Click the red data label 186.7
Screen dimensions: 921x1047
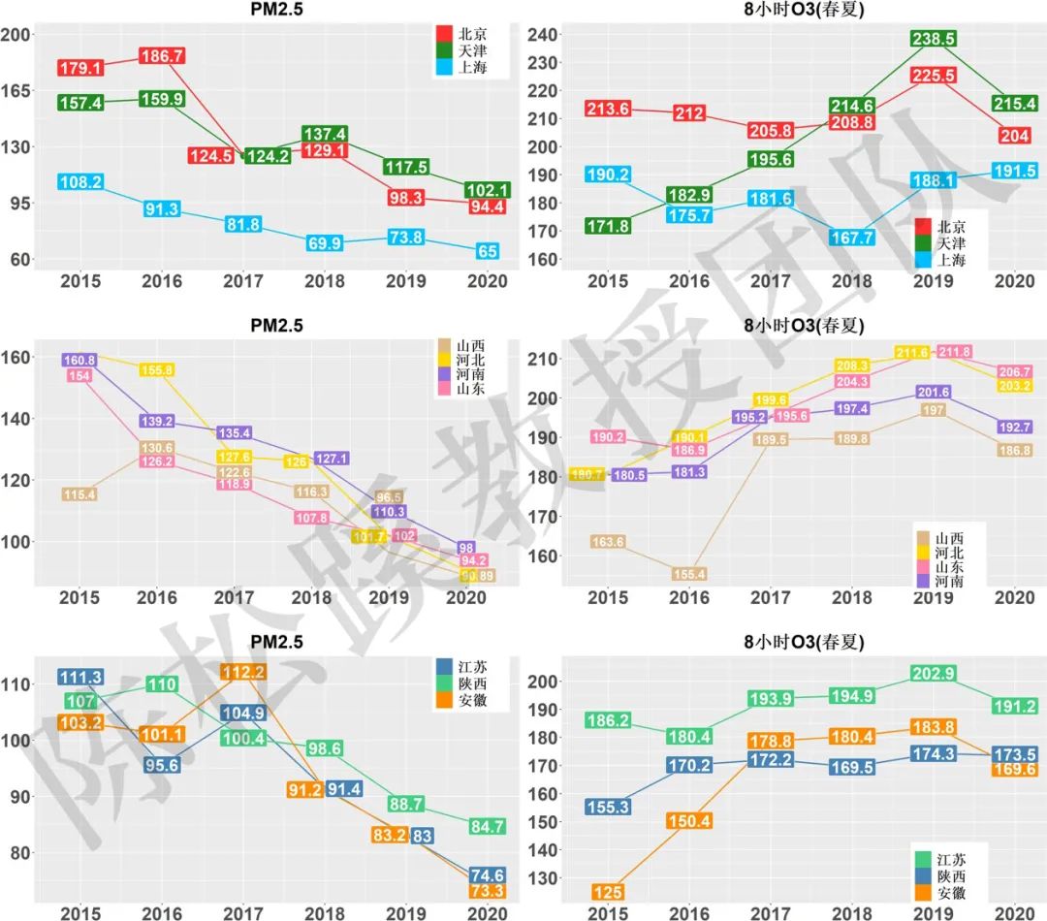point(162,56)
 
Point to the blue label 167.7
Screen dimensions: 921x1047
point(852,238)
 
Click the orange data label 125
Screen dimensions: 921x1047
point(609,892)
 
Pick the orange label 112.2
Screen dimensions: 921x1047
point(244,672)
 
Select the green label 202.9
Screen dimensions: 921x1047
point(934,673)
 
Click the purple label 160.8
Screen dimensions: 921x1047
point(79,361)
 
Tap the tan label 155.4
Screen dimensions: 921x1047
point(689,574)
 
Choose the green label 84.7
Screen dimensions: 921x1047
point(486,827)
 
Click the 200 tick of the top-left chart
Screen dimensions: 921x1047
point(17,34)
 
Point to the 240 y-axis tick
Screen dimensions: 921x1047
point(544,35)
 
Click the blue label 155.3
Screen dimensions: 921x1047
point(609,807)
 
